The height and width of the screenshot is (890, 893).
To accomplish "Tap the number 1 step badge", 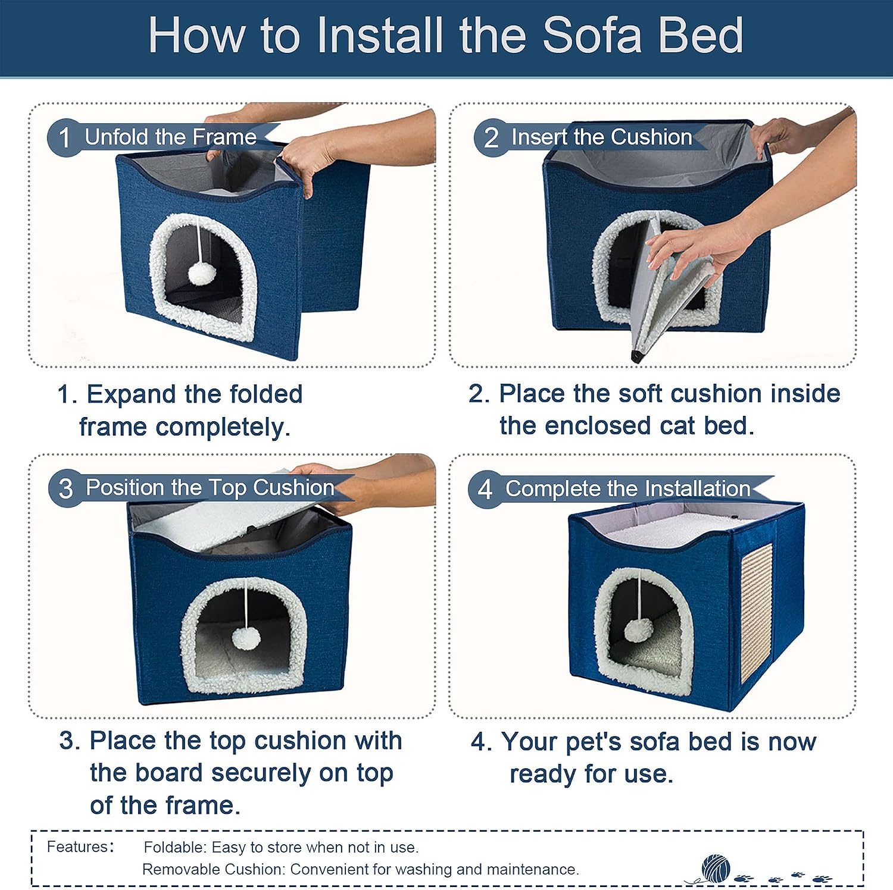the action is pyautogui.click(x=64, y=138).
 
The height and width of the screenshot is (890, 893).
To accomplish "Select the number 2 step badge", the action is pyautogui.click(x=491, y=138).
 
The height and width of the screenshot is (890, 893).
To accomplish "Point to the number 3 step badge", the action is pyautogui.click(x=65, y=489).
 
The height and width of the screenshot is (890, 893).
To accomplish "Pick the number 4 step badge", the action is pyautogui.click(x=485, y=490).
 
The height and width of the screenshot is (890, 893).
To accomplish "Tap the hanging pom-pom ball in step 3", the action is pyautogui.click(x=246, y=638).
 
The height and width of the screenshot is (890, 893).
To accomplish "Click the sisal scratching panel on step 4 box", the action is pyautogui.click(x=756, y=613).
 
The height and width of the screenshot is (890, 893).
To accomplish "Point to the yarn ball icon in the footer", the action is pyautogui.click(x=715, y=868).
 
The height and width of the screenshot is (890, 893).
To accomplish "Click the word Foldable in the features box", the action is pyautogui.click(x=175, y=847).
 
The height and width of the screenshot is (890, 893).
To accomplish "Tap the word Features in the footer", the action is pyautogui.click(x=77, y=847).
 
